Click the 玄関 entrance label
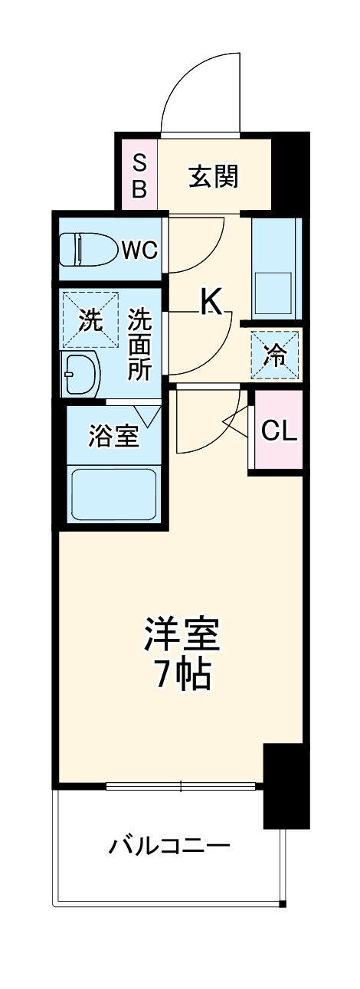click(x=214, y=177)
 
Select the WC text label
click(x=139, y=249)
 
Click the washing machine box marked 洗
click(x=91, y=320)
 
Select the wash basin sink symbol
click(x=82, y=374)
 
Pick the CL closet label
click(x=279, y=431)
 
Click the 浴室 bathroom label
click(x=113, y=437)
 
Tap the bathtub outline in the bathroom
click(x=113, y=495)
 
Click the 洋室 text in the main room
click(x=182, y=634)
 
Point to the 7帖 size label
click(x=182, y=673)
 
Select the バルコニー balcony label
click(x=169, y=847)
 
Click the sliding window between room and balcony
click(x=181, y=785)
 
